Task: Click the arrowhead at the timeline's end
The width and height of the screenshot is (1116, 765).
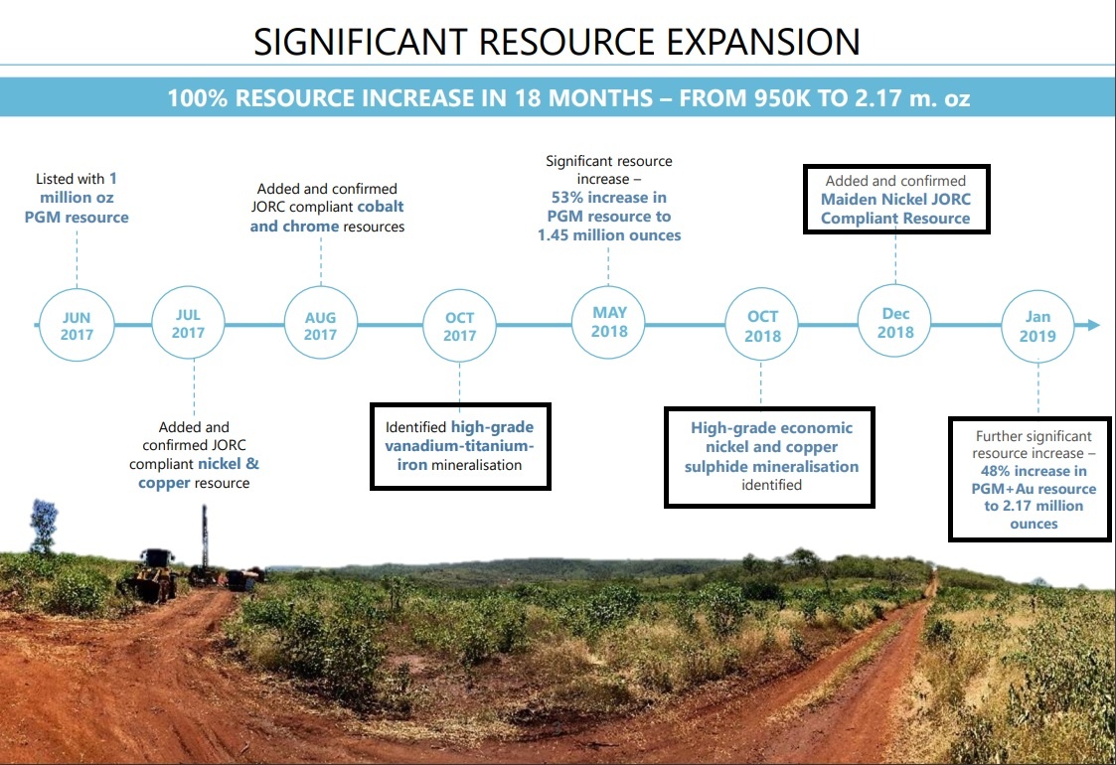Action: [1093, 325]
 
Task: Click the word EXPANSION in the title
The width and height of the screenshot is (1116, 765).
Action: [763, 42]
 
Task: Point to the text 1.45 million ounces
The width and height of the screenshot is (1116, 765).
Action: [609, 234]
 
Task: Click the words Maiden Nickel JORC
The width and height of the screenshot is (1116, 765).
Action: [895, 200]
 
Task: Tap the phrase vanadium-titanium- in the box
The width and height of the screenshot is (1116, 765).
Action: [459, 446]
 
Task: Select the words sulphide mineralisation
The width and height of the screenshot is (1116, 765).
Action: [771, 467]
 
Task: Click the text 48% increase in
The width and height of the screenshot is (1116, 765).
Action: [1034, 471]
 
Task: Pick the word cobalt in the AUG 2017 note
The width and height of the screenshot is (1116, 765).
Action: [380, 207]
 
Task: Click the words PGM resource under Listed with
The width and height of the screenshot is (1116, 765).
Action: [77, 217]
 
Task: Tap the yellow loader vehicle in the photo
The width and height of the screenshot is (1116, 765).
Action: [153, 575]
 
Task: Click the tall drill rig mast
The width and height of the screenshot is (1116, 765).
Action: [205, 537]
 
